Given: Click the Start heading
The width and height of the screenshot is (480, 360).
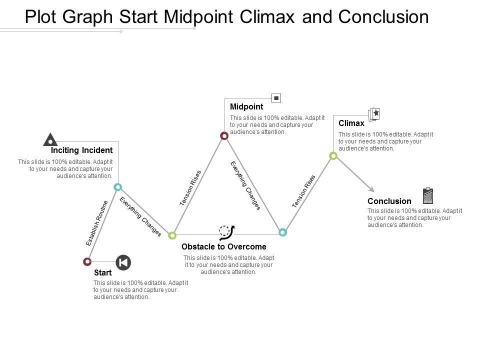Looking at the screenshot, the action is pyautogui.click(x=103, y=273).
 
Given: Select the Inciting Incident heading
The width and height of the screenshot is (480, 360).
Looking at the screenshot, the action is pyautogui.click(x=81, y=150).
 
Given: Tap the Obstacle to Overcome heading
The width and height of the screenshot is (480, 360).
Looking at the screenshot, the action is pyautogui.click(x=223, y=247).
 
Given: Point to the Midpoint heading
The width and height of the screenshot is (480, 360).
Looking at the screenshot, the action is pyautogui.click(x=246, y=106).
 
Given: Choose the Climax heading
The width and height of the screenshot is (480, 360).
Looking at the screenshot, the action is pyautogui.click(x=351, y=122).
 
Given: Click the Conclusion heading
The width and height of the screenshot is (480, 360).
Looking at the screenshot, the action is pyautogui.click(x=389, y=201).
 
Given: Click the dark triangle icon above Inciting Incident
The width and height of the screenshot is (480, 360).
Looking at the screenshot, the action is pyautogui.click(x=49, y=140).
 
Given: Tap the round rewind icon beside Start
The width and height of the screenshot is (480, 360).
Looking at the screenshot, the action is pyautogui.click(x=123, y=262).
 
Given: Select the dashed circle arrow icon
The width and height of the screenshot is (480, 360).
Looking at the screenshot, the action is pyautogui.click(x=226, y=232).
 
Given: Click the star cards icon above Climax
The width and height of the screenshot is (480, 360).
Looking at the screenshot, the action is pyautogui.click(x=374, y=114).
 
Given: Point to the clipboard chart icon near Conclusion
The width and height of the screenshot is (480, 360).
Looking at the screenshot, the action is pyautogui.click(x=428, y=196).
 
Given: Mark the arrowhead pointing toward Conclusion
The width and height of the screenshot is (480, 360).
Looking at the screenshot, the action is pyautogui.click(x=371, y=188).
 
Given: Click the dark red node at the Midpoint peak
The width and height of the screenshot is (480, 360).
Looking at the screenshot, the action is pyautogui.click(x=224, y=135).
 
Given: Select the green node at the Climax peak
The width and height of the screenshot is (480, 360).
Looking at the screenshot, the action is pyautogui.click(x=333, y=156).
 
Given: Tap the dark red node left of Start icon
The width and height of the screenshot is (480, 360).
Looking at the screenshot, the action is pyautogui.click(x=87, y=261).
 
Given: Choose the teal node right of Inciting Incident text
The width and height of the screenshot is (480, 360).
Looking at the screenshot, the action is pyautogui.click(x=118, y=187).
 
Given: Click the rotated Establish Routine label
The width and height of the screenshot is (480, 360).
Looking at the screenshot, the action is pyautogui.click(x=97, y=223).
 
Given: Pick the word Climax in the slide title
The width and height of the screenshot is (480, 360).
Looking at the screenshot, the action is pyautogui.click(x=291, y=17).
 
